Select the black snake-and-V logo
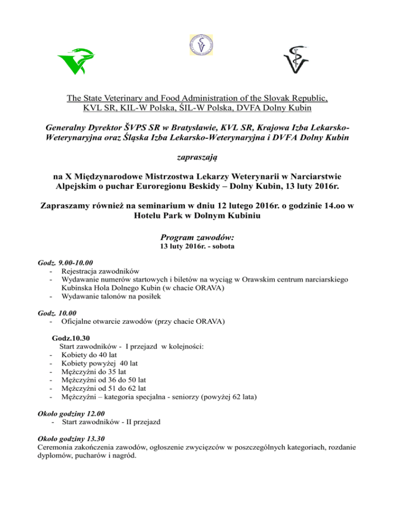pos(297,62)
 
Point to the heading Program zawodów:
pos(197,238)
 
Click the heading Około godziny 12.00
pos(67,413)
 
